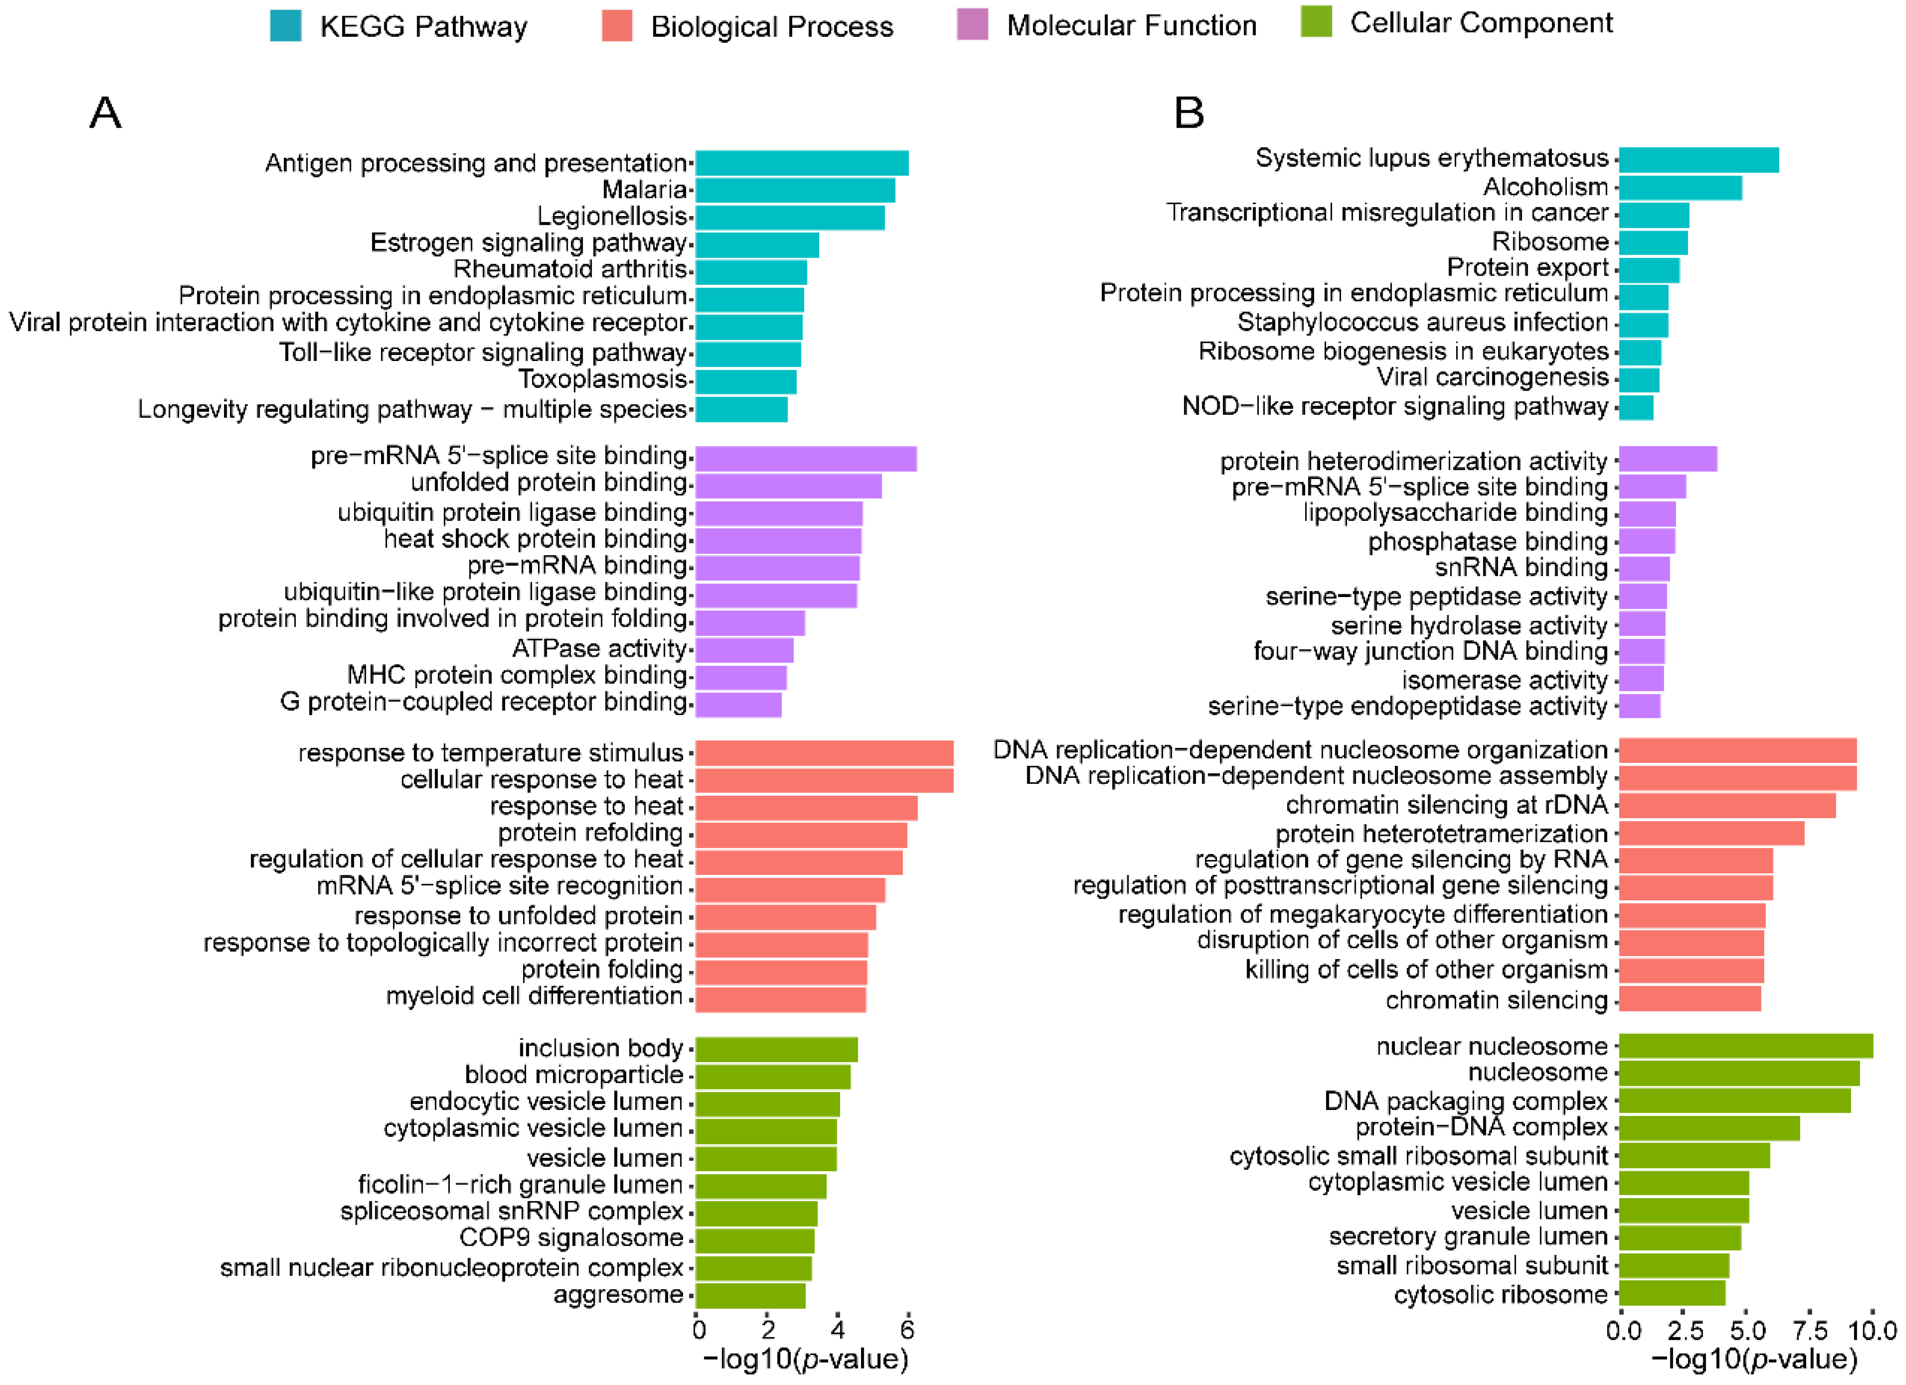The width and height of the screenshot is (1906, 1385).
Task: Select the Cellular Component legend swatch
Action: [x=1316, y=22]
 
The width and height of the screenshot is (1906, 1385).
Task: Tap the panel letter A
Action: [x=106, y=112]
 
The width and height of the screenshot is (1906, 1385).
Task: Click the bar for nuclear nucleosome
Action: [x=1746, y=1046]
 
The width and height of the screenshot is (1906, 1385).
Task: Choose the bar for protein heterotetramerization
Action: [x=1711, y=834]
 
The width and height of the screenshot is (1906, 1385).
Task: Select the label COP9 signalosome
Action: [x=572, y=1238]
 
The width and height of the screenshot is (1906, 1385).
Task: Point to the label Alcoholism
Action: [x=1545, y=187]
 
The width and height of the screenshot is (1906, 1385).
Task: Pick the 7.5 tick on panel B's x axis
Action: [x=1809, y=1330]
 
